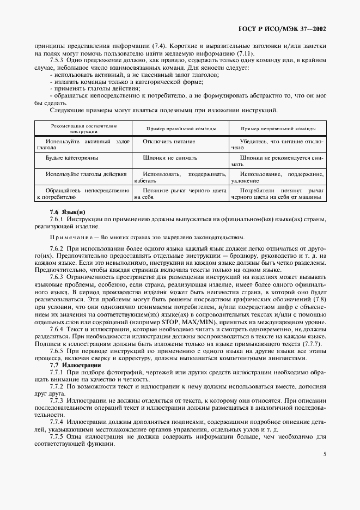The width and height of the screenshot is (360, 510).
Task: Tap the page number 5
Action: click(x=324, y=453)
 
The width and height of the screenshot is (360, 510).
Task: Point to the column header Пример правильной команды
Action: click(x=180, y=128)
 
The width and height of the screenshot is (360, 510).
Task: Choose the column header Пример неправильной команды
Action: click(x=278, y=128)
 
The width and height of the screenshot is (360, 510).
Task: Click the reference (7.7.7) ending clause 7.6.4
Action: click(x=309, y=344)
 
